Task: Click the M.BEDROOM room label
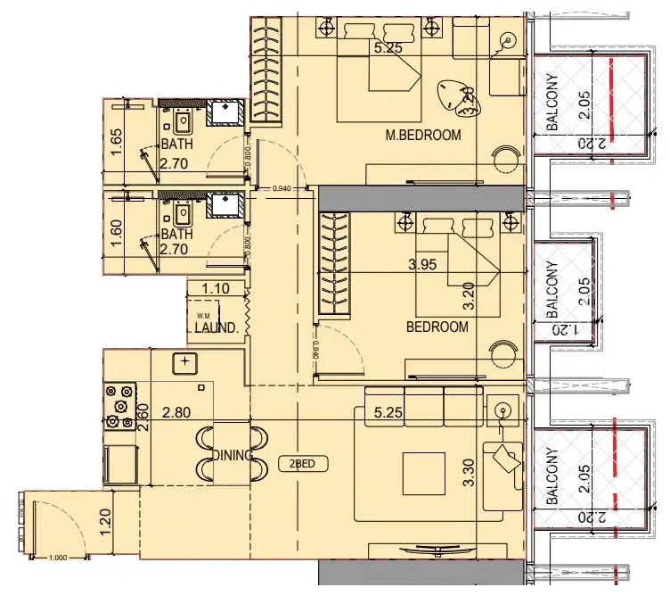(422, 136)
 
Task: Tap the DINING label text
(233, 455)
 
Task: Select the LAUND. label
(217, 328)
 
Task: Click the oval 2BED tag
(302, 464)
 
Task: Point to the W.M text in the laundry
(203, 314)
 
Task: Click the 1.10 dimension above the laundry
(217, 289)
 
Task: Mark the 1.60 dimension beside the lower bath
(116, 235)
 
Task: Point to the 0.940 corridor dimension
(282, 188)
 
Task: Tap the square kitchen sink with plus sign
(184, 361)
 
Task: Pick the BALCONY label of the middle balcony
(552, 291)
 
